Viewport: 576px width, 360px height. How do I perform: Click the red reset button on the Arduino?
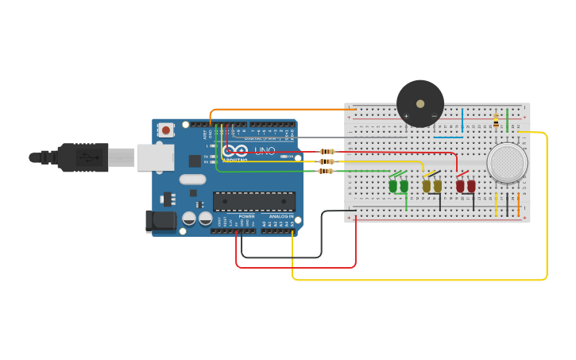tap(165, 130)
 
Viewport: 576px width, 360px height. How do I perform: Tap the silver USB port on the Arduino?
tap(155, 157)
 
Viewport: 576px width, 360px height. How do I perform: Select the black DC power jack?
tap(160, 221)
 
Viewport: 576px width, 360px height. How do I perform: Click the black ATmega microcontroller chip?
tap(253, 201)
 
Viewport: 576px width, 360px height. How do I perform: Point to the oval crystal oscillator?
tap(192, 180)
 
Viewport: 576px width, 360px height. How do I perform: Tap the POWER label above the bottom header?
tap(247, 216)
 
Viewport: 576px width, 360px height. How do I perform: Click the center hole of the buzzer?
tap(420, 104)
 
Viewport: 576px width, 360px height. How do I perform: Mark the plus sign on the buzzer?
tap(406, 117)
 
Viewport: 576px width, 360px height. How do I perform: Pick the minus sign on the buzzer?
tap(434, 117)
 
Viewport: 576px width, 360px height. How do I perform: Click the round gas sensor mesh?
tap(507, 162)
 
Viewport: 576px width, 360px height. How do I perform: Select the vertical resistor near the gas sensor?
tap(496, 121)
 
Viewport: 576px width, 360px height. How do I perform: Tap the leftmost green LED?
tap(392, 186)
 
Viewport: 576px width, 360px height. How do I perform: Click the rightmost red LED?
tap(471, 186)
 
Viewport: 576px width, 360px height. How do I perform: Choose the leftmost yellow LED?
tap(427, 186)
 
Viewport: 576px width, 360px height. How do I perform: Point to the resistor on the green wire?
tap(326, 171)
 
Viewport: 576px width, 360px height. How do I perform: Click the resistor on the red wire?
tap(327, 151)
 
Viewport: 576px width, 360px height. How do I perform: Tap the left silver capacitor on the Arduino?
tap(189, 218)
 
